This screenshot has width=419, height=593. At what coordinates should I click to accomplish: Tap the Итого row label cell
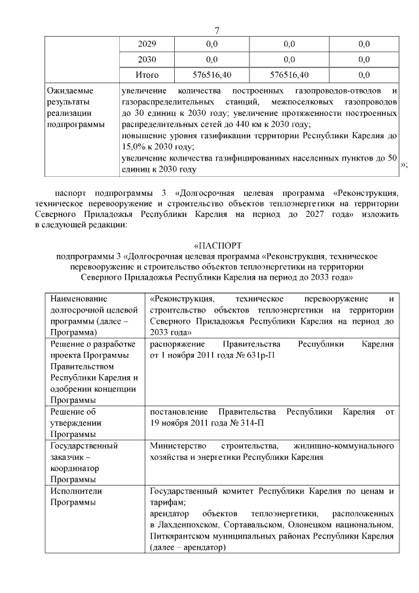pos(147,75)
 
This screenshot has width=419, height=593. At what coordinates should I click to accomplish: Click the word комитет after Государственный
pos(240,491)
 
